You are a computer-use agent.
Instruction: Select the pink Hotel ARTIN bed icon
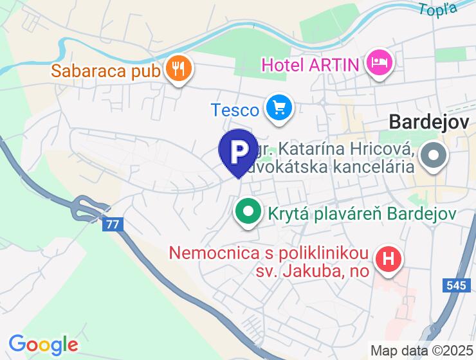coord(380,63)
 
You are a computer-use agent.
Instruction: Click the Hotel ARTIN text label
coord(311,64)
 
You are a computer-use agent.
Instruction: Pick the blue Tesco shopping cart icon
coord(280,108)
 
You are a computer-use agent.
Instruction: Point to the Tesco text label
coord(235,110)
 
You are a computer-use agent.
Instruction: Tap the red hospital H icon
coord(389,260)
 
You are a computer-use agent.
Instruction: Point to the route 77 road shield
coord(113,224)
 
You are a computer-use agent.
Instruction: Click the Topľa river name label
coord(438,8)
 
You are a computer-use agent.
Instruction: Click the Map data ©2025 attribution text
coord(421,351)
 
